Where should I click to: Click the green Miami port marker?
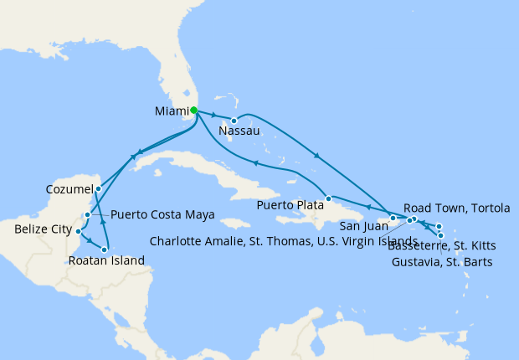click(193, 110)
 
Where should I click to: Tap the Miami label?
click(171, 111)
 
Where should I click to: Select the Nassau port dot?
click(234, 121)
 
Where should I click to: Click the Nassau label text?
click(238, 131)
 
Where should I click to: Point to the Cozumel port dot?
click(98, 188)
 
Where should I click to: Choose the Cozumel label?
click(69, 190)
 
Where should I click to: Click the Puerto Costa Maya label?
click(162, 214)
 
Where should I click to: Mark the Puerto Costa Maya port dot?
click(87, 215)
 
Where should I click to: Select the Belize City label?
click(43, 228)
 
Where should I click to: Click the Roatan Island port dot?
click(105, 249)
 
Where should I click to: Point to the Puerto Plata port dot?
click(329, 198)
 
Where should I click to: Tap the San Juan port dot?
click(393, 218)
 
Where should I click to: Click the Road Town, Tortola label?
click(456, 208)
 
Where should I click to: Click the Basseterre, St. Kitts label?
click(442, 245)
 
